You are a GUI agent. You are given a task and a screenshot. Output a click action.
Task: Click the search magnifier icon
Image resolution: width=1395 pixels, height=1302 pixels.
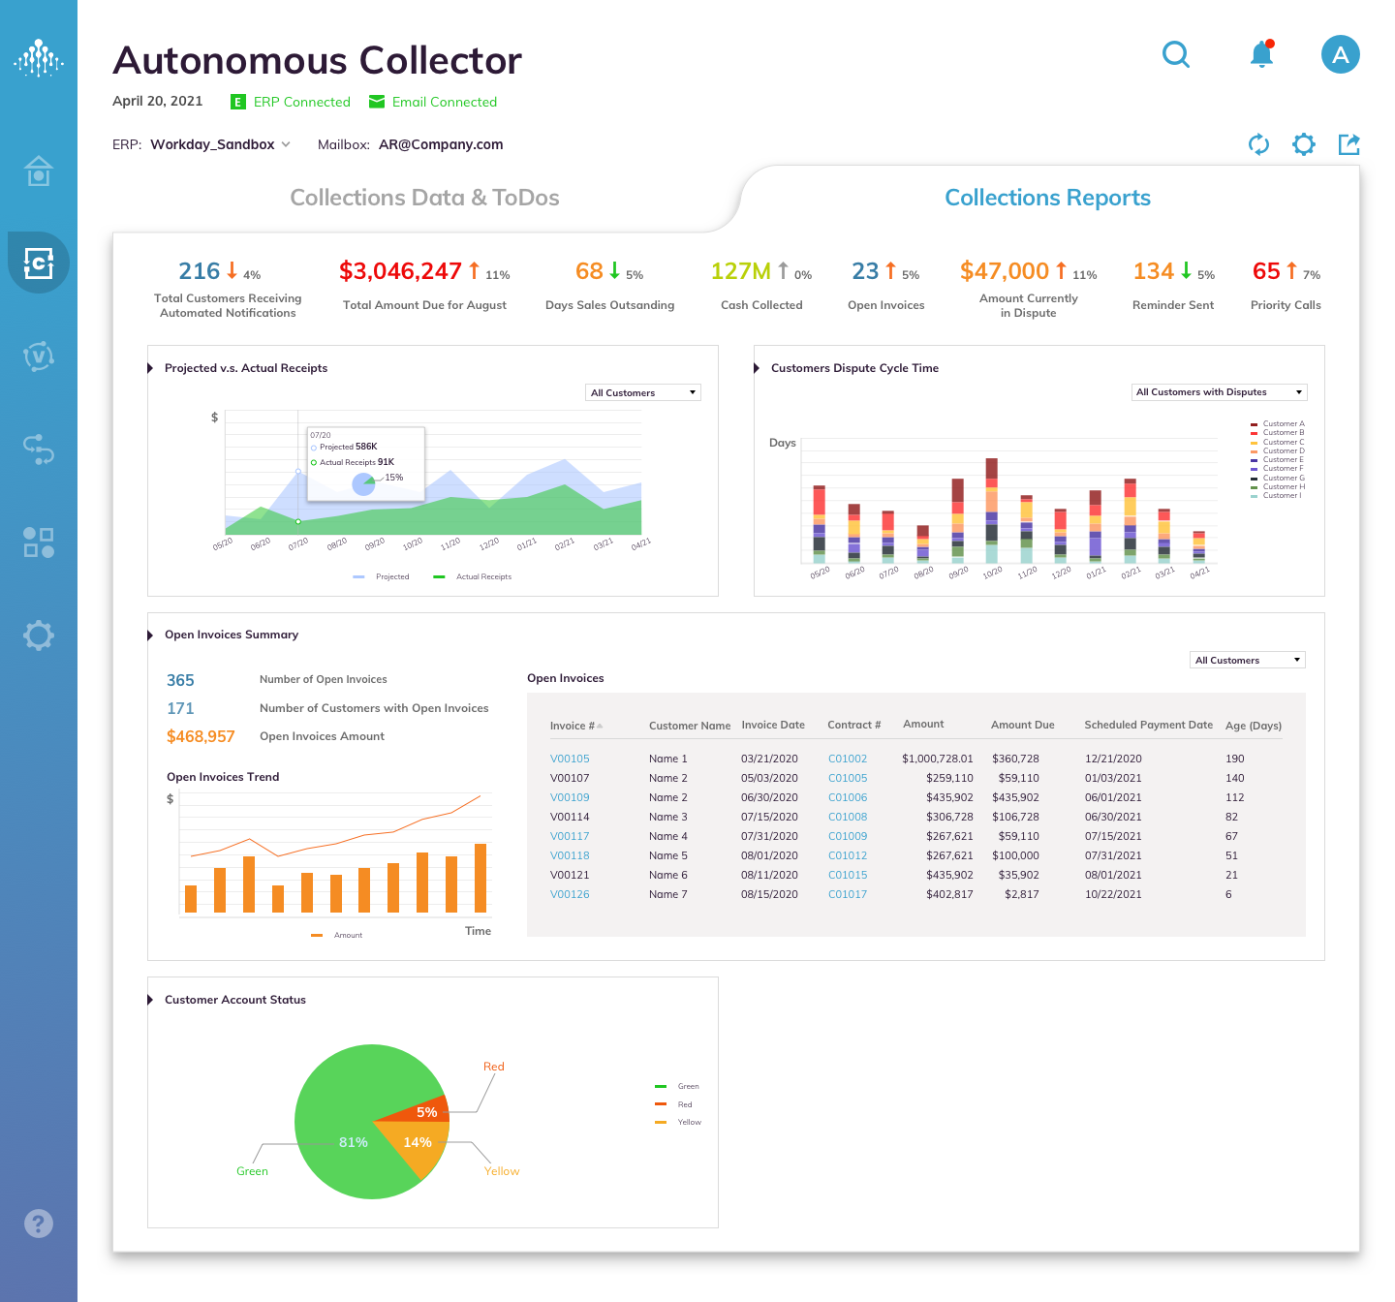(x=1176, y=54)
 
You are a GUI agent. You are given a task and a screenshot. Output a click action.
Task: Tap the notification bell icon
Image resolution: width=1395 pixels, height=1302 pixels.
(x=1261, y=54)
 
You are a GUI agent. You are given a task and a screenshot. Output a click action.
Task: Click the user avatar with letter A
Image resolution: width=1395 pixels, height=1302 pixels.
(x=1340, y=54)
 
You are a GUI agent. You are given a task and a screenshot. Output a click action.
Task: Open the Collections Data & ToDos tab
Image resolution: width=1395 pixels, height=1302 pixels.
(x=424, y=198)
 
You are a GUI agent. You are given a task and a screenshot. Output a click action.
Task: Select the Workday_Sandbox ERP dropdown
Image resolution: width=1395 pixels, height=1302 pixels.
(x=220, y=144)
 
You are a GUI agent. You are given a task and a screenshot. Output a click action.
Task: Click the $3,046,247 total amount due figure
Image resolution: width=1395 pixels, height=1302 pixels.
(x=400, y=271)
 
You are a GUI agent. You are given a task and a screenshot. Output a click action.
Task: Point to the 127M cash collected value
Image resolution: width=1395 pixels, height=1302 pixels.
(x=740, y=271)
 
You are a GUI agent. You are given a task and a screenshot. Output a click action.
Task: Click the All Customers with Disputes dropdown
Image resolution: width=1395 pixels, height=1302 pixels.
(x=1219, y=392)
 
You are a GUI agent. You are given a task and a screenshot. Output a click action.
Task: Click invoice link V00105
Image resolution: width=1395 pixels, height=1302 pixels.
(x=570, y=759)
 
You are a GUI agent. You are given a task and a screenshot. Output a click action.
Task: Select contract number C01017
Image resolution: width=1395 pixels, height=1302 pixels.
(x=848, y=894)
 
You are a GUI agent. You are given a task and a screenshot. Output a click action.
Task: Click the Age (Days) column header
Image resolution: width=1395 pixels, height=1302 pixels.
(x=1253, y=726)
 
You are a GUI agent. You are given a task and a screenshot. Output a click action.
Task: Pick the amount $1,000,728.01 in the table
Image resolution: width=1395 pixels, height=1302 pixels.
(x=937, y=759)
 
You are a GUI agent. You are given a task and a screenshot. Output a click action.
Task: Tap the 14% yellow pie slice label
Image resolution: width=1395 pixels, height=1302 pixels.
(x=418, y=1142)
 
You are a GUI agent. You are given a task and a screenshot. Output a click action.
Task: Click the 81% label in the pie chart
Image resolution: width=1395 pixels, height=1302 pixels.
(x=354, y=1142)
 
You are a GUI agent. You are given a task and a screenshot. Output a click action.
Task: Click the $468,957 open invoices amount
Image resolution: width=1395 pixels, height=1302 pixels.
(x=201, y=736)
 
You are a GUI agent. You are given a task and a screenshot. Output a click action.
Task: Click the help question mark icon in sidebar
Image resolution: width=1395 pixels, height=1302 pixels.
(x=39, y=1224)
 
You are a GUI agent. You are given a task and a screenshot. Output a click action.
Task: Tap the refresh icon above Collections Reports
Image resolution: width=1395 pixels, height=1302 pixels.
(x=1258, y=144)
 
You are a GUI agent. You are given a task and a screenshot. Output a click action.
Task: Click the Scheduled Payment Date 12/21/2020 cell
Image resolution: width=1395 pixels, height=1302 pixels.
(x=1113, y=759)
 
